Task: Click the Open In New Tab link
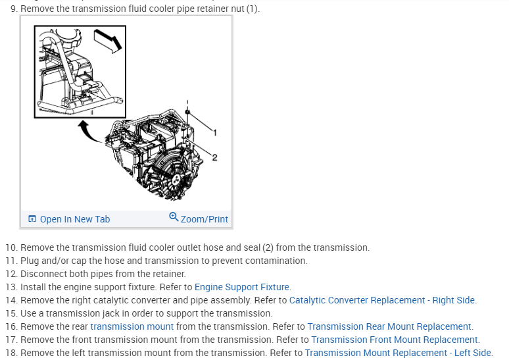74,219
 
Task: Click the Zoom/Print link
204,219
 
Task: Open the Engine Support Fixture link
242,287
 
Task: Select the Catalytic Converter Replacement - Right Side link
382,300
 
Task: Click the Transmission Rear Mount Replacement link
389,326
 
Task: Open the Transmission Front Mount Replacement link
395,340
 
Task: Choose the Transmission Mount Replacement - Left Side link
398,353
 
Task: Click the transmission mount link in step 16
132,326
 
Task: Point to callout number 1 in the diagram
214,132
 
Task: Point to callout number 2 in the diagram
214,156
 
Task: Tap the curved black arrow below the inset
89,130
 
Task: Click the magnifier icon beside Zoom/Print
174,218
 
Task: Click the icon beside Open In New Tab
32,219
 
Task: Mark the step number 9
13,9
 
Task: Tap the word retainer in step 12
168,274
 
